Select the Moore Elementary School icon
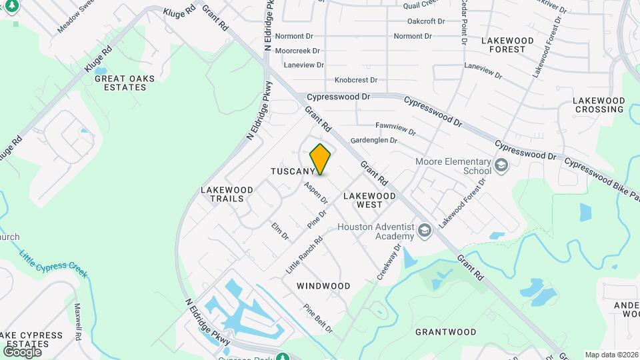(501, 164)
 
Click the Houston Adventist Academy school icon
(425, 231)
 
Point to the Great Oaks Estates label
(125, 83)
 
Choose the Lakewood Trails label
(227, 194)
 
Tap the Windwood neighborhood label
(323, 286)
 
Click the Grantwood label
(446, 332)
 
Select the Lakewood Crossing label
(599, 105)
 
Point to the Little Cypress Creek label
(53, 265)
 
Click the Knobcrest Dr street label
(356, 79)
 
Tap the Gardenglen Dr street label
(374, 141)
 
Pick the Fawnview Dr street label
(396, 125)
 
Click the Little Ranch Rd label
(304, 256)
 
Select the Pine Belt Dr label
(318, 319)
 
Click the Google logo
(22, 351)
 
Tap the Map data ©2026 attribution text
(611, 355)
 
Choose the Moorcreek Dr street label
(297, 51)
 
